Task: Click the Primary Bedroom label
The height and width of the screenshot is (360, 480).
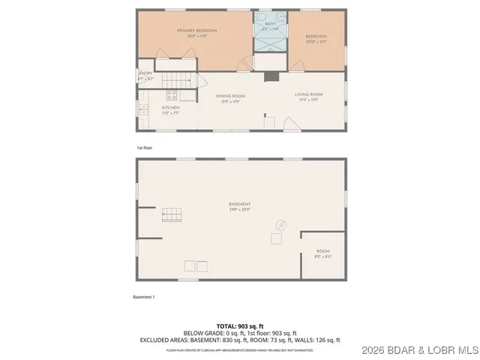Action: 196,31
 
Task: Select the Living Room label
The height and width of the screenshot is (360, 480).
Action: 308,94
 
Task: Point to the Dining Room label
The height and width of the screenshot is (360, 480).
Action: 230,96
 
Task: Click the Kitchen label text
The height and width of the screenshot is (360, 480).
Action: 171,108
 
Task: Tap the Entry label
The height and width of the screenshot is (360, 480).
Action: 145,73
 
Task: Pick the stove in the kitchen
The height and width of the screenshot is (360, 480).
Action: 171,95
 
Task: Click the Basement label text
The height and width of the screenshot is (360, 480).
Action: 240,205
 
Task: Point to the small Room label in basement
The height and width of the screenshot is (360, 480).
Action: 322,251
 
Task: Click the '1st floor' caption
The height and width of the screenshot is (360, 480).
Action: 145,147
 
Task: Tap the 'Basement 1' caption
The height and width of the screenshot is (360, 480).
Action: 143,297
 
